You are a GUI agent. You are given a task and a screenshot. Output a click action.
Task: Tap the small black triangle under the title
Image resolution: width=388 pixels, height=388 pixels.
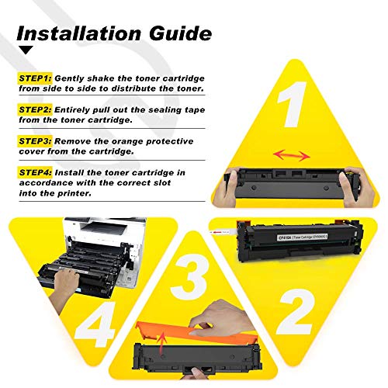coord(26,50)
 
